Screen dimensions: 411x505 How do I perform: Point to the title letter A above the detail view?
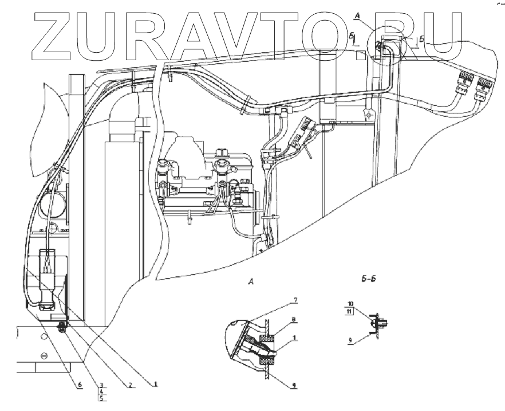tap(250, 282)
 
